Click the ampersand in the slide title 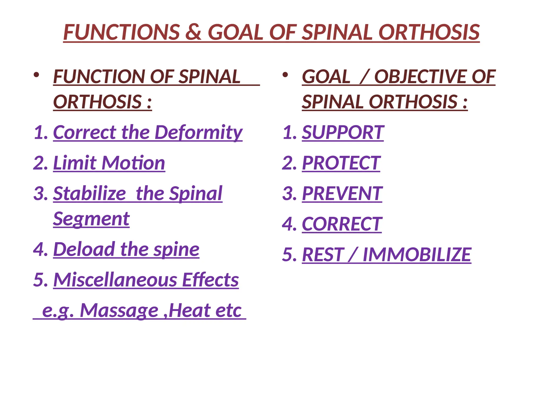(193, 32)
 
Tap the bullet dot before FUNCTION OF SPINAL (37, 75)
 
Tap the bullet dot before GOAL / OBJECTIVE (285, 75)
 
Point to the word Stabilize (90, 193)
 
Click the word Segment (91, 219)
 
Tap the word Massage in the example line (119, 310)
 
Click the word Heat (189, 310)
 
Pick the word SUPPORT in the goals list (343, 132)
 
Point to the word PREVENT (342, 193)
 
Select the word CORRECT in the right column (342, 224)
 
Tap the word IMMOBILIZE (417, 254)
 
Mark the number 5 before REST (287, 254)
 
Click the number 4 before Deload (39, 249)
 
